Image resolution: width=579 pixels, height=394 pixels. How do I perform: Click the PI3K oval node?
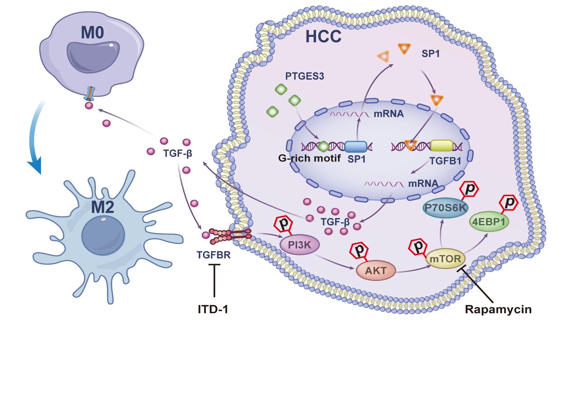(x=300, y=245)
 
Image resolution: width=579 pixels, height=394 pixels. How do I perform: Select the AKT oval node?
(x=376, y=271)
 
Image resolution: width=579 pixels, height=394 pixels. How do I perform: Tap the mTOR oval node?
(x=445, y=258)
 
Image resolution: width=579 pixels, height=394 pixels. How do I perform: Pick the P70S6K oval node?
(x=445, y=208)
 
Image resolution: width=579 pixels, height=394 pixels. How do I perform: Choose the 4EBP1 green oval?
(x=489, y=222)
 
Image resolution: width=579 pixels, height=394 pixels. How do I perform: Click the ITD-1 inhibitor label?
(x=213, y=309)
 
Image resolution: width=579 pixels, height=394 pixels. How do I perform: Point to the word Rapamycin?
(x=498, y=309)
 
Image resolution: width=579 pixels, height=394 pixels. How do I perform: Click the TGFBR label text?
(x=213, y=255)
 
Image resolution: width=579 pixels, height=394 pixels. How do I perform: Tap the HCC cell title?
(x=323, y=37)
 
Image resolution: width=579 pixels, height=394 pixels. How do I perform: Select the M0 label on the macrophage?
(x=92, y=33)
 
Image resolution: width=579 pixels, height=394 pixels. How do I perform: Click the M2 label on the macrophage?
(x=102, y=207)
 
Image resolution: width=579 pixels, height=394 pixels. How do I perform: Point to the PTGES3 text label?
(x=304, y=76)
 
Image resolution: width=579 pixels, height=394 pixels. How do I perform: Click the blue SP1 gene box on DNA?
(x=356, y=146)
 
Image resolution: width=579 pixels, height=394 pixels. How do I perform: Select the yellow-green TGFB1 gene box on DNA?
(x=442, y=146)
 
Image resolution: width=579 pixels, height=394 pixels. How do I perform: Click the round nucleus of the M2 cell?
(x=103, y=235)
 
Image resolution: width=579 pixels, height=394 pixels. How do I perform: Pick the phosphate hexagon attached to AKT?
(x=359, y=250)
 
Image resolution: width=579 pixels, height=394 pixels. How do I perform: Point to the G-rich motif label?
(x=309, y=158)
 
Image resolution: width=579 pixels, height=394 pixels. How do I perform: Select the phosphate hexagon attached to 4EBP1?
(x=509, y=203)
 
